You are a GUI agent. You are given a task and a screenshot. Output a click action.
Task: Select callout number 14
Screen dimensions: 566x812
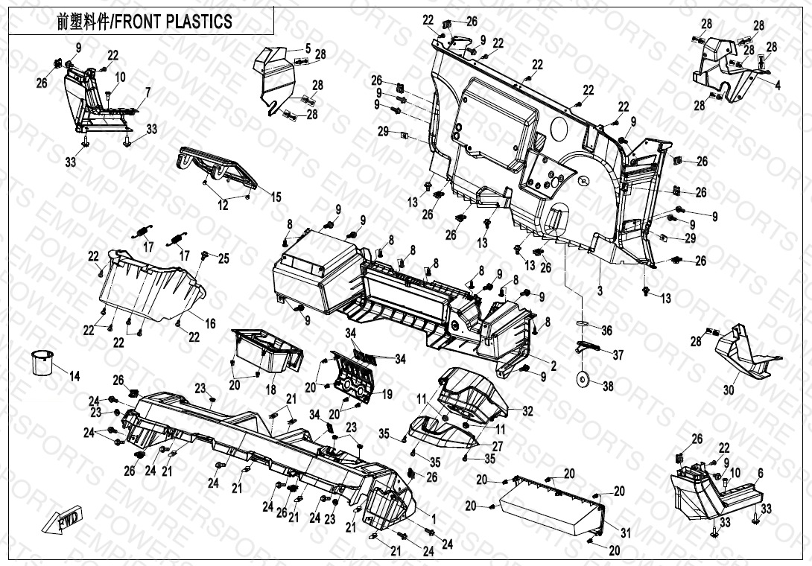74,376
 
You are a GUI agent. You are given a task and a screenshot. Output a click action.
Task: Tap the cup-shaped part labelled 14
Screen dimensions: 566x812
43,363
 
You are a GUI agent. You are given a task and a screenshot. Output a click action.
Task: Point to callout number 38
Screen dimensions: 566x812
608,387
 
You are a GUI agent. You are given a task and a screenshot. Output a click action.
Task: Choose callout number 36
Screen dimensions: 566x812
606,331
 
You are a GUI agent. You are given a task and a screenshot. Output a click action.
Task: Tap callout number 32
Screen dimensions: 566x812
527,410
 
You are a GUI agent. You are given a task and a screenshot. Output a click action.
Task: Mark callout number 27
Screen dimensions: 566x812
498,445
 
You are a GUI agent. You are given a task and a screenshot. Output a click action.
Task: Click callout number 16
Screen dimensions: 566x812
211,323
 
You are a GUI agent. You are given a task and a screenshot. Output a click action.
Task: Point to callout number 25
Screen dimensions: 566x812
223,258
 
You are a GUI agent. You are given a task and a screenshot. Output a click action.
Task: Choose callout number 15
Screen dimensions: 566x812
276,197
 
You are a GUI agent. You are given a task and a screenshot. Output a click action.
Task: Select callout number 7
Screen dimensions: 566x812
148,92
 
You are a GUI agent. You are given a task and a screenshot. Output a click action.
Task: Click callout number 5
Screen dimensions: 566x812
308,48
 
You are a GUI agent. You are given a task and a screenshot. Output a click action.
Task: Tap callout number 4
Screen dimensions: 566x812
778,86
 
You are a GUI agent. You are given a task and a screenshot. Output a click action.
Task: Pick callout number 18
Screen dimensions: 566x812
270,390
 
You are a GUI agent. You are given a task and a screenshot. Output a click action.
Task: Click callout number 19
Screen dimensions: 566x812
387,395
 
